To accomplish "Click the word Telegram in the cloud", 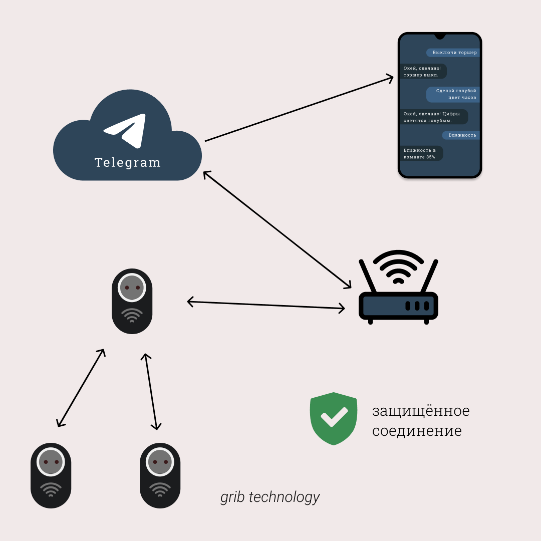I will click(127, 163).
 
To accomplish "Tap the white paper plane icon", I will click(126, 130).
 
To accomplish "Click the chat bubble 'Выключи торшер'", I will click(454, 53).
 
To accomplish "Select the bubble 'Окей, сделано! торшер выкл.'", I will click(423, 71).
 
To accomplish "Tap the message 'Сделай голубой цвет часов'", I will click(454, 94).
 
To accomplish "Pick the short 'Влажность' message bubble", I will click(461, 135).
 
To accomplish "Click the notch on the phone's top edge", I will click(440, 36).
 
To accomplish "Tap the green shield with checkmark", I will click(334, 418).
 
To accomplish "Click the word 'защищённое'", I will click(421, 411).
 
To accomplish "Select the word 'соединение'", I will click(417, 431).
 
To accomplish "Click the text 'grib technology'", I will click(270, 497).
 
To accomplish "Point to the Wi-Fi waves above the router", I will click(399, 267).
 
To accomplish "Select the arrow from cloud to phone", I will click(299, 109).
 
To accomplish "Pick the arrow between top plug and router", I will click(265, 305).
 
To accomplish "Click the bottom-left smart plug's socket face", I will click(51, 462).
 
